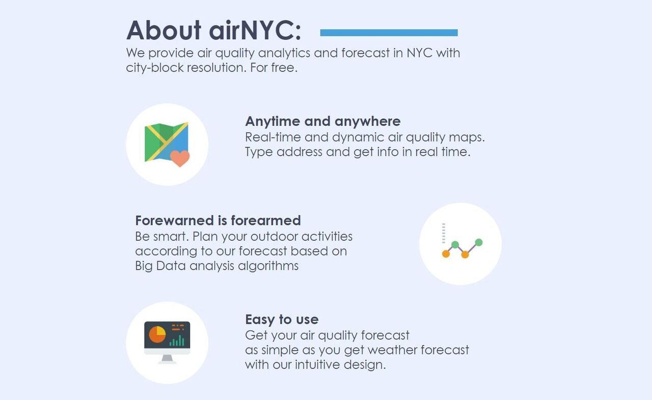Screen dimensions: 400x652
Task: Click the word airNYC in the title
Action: (x=255, y=31)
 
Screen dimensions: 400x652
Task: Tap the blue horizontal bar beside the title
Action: (x=389, y=33)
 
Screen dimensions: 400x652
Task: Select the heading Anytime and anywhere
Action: (x=322, y=121)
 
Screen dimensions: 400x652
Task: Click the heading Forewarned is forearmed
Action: (x=218, y=220)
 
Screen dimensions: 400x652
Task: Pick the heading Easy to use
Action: (x=281, y=320)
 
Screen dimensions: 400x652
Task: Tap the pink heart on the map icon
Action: (x=179, y=158)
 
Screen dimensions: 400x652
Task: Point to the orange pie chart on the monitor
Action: (x=157, y=334)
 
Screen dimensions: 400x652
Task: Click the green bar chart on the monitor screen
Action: (x=177, y=340)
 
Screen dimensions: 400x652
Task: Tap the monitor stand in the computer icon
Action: (x=167, y=359)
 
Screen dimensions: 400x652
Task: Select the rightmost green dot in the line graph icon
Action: (x=478, y=242)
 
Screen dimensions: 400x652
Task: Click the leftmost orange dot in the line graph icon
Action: (x=446, y=253)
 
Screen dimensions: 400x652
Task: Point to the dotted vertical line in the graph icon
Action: (x=444, y=233)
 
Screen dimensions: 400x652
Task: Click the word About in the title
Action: (x=164, y=31)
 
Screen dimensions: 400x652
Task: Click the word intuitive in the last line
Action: (x=315, y=365)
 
